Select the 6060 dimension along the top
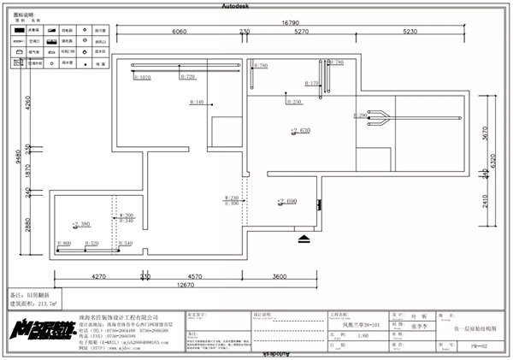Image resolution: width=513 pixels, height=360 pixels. pyautogui.click(x=179, y=32)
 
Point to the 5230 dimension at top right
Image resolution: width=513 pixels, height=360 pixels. pyautogui.click(x=410, y=32)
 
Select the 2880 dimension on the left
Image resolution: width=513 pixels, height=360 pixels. pyautogui.click(x=28, y=225)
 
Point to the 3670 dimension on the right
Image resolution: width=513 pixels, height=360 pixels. pyautogui.click(x=484, y=133)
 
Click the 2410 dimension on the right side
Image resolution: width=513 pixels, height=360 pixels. pyautogui.click(x=484, y=202)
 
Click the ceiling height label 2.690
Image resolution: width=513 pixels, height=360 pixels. pyautogui.click(x=286, y=202)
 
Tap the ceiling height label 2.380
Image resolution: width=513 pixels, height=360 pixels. pyautogui.click(x=81, y=224)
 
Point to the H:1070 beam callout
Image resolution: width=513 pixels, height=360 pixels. pyautogui.click(x=142, y=77)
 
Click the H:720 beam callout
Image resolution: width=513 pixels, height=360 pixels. pyautogui.click(x=187, y=77)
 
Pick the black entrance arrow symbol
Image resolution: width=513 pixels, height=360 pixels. pyautogui.click(x=304, y=238)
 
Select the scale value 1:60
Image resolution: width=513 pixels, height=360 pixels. pyautogui.click(x=339, y=335)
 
